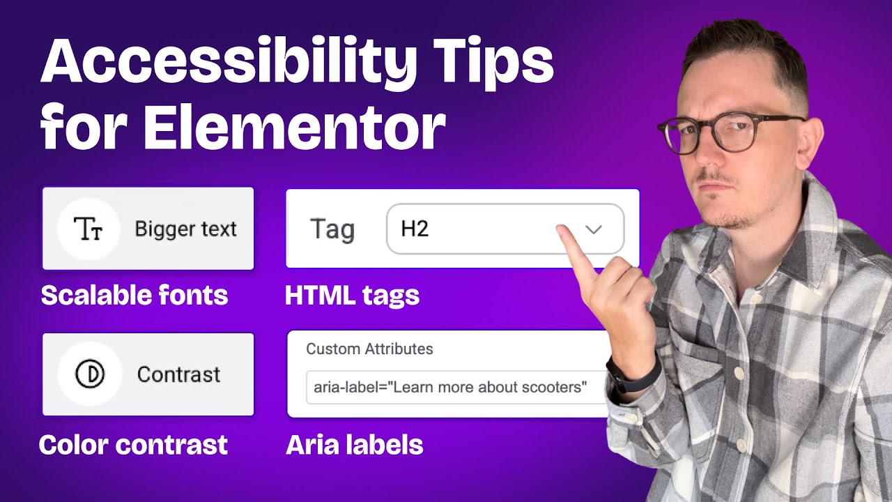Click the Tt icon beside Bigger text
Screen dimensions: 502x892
89,229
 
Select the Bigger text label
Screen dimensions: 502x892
185,229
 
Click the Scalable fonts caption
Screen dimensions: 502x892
134,296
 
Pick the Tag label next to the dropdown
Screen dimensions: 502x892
332,229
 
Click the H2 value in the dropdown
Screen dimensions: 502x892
415,229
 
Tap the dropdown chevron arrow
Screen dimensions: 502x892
593,229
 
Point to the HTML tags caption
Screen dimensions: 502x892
352,296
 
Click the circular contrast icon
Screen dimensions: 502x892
89,374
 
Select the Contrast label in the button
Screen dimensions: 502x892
178,374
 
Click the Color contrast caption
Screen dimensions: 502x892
133,444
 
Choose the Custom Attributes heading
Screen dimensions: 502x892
369,349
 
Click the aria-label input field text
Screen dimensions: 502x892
450,387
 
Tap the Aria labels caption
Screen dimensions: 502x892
354,444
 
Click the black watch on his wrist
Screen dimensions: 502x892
631,374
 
